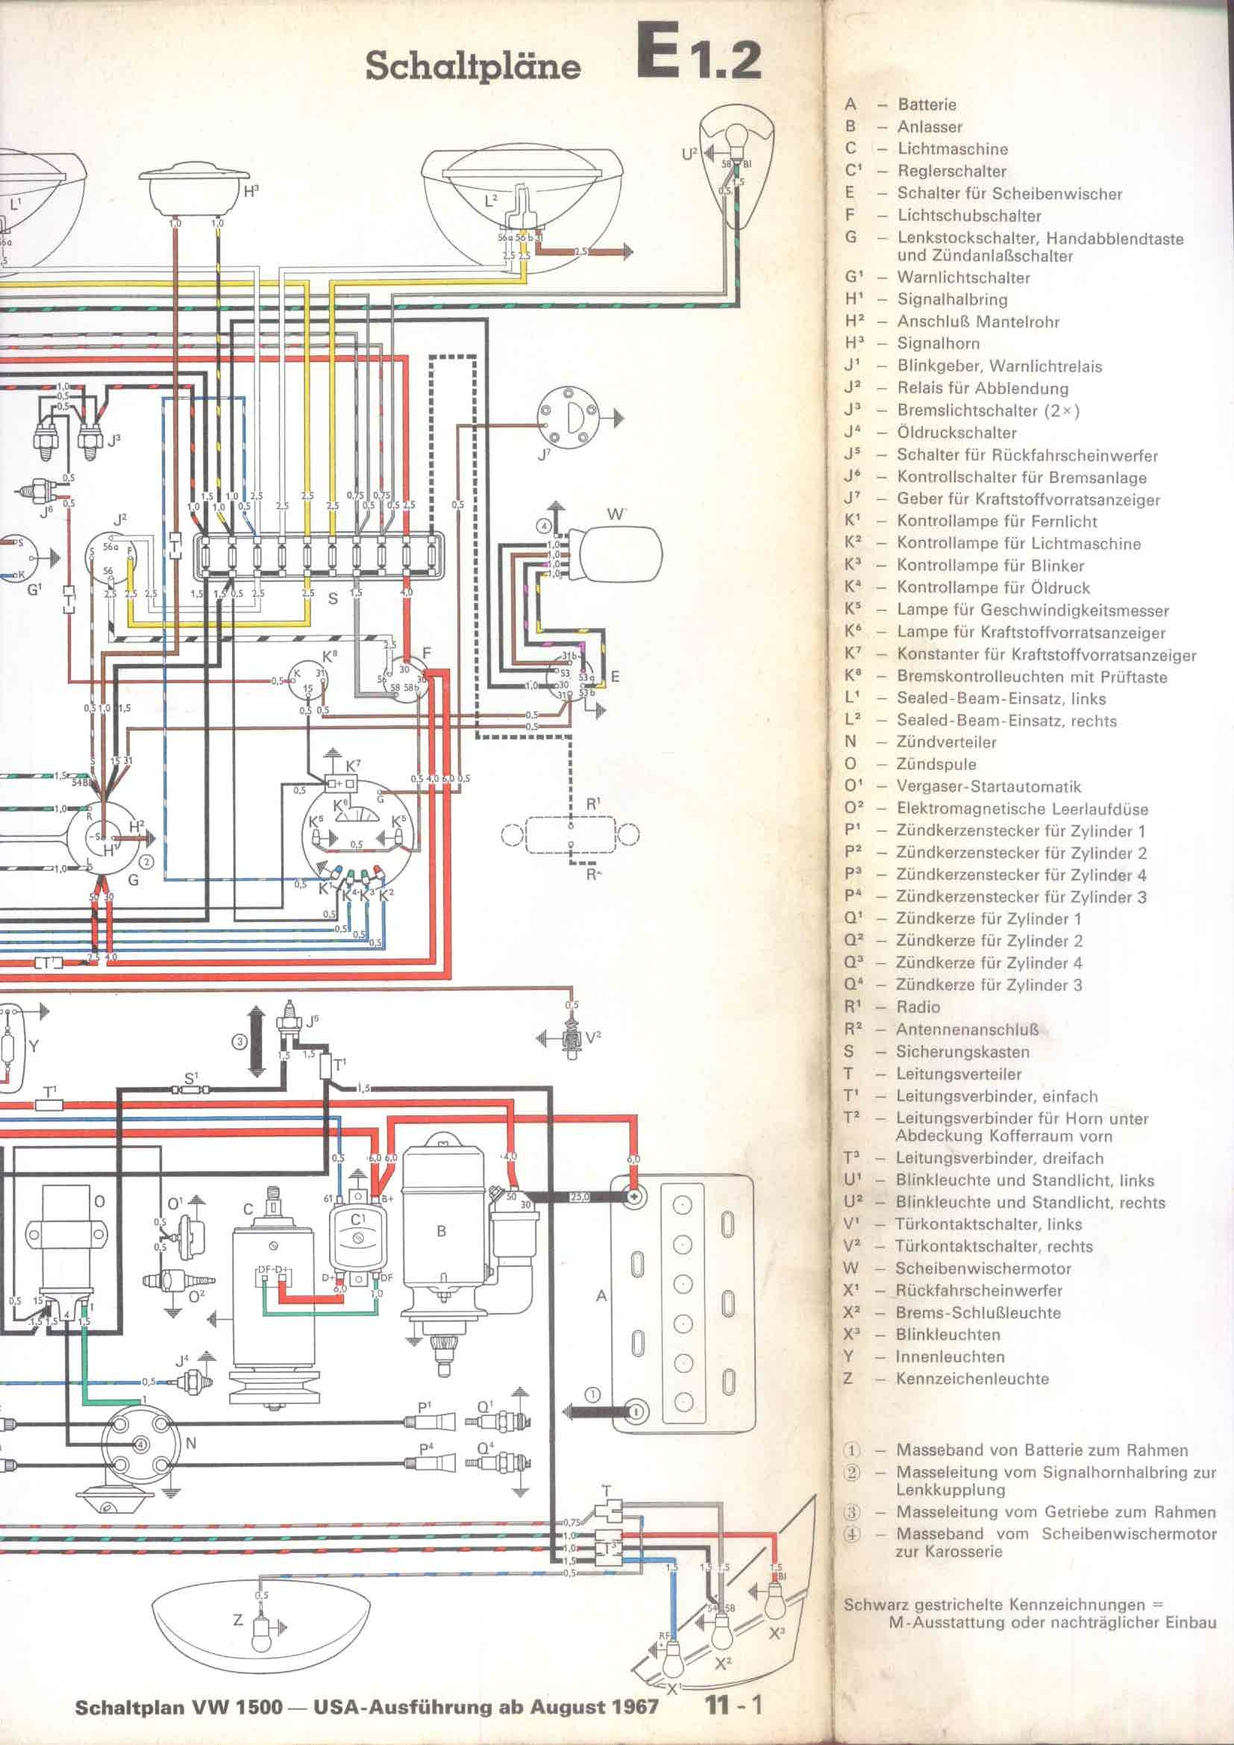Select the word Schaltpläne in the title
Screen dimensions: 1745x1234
[472, 67]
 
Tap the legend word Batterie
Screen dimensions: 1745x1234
[927, 105]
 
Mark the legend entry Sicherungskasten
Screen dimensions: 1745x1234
[962, 1052]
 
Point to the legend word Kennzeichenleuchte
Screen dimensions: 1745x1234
[972, 1379]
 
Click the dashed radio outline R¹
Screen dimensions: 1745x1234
[571, 836]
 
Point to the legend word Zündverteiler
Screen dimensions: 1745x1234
[946, 742]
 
